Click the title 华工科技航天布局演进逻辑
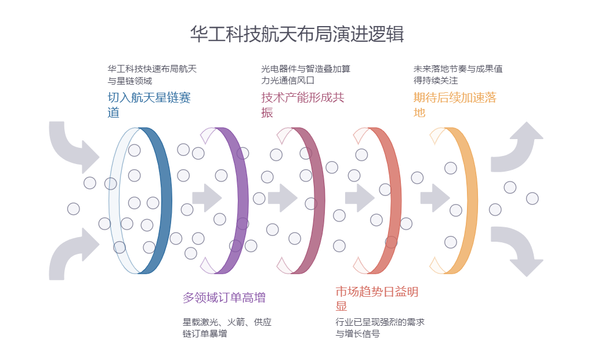click(x=296, y=34)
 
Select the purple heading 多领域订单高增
click(x=224, y=298)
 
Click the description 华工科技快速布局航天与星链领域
click(x=152, y=75)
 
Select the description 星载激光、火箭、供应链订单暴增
click(x=227, y=328)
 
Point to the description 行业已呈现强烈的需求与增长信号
click(x=380, y=328)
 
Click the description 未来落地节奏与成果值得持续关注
click(x=458, y=75)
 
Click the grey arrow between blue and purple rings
click(x=207, y=198)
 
